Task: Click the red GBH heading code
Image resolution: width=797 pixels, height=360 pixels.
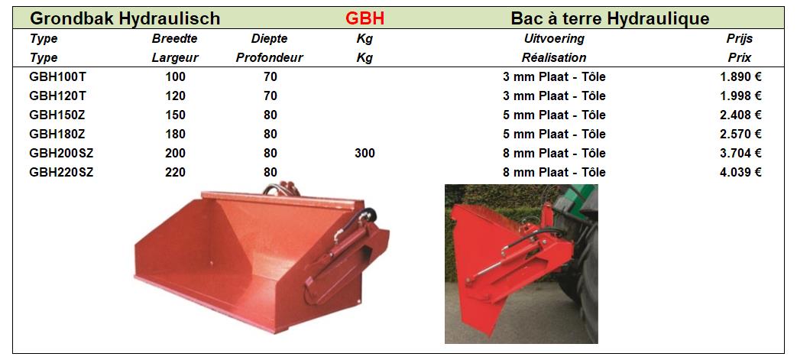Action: point(364,18)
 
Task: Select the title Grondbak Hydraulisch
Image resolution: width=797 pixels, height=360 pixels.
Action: point(125,19)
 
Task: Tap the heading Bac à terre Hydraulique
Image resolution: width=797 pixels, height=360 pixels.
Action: point(610,19)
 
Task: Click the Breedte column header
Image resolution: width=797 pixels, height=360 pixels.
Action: point(174,39)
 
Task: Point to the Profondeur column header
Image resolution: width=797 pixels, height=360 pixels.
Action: point(270,58)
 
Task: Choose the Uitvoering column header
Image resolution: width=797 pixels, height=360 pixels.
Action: point(554,39)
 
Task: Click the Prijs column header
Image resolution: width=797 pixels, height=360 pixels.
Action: point(740,39)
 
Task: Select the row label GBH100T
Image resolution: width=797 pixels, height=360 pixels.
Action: point(53,77)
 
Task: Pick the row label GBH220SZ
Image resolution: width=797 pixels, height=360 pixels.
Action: point(61,173)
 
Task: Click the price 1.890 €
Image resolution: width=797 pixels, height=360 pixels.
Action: point(740,77)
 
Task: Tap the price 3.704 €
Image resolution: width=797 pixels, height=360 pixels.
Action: point(740,153)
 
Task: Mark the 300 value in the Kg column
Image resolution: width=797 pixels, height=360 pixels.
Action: point(365,153)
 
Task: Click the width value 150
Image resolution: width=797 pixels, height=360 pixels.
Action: point(175,115)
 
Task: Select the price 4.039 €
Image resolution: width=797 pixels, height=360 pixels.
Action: point(740,173)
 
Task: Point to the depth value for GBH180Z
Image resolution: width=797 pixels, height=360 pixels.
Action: point(271,135)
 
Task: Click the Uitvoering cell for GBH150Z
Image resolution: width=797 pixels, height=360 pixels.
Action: point(554,115)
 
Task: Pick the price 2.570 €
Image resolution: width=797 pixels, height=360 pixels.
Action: point(740,135)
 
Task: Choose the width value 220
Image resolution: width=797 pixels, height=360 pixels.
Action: point(175,173)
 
